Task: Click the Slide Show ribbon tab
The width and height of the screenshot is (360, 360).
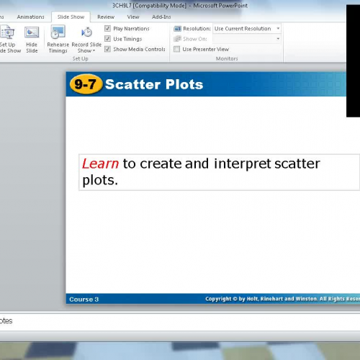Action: [71, 17]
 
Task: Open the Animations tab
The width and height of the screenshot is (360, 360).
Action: [30, 17]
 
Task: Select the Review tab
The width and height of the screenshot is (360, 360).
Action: [106, 17]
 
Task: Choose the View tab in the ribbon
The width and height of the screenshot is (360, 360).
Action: [133, 17]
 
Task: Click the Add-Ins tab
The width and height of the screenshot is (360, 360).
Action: [162, 17]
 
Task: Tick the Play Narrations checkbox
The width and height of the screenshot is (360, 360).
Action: [108, 29]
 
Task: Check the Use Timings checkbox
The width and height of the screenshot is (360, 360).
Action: [108, 39]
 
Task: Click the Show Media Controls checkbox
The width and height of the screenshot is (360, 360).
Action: [108, 49]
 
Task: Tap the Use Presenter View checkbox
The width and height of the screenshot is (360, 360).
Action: [177, 49]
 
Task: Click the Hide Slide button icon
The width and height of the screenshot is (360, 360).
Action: [32, 32]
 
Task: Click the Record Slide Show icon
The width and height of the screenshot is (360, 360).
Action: [86, 32]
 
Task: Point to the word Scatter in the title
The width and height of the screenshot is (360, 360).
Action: [130, 84]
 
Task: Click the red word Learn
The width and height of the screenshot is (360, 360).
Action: [100, 163]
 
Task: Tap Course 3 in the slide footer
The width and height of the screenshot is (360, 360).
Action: [84, 299]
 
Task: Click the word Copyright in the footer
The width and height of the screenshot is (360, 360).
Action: [220, 299]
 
